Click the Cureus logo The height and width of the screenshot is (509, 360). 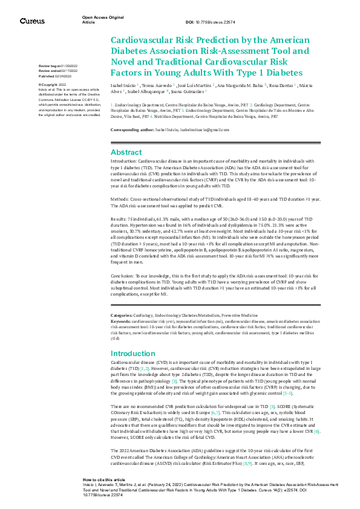tap(32, 21)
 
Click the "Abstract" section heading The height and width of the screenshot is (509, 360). tap(126, 152)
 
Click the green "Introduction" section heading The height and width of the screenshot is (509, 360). tap(134, 353)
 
